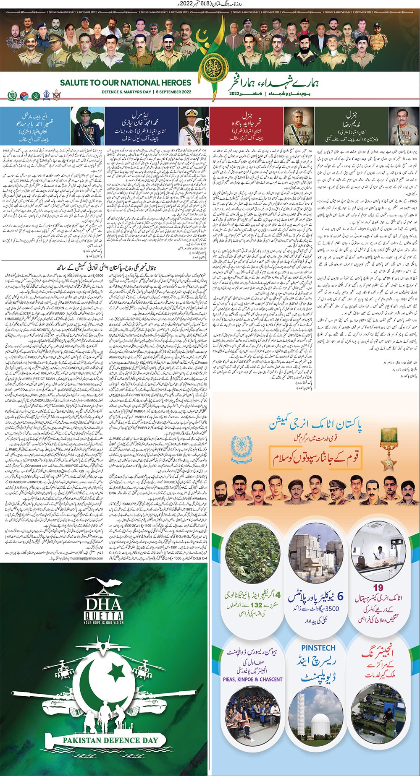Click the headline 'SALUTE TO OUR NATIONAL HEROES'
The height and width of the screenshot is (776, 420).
[x=125, y=83]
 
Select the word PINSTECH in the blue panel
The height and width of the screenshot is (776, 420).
[x=318, y=648]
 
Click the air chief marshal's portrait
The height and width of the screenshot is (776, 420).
[x=87, y=126]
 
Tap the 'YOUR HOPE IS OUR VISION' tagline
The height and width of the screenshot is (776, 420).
[x=103, y=623]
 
